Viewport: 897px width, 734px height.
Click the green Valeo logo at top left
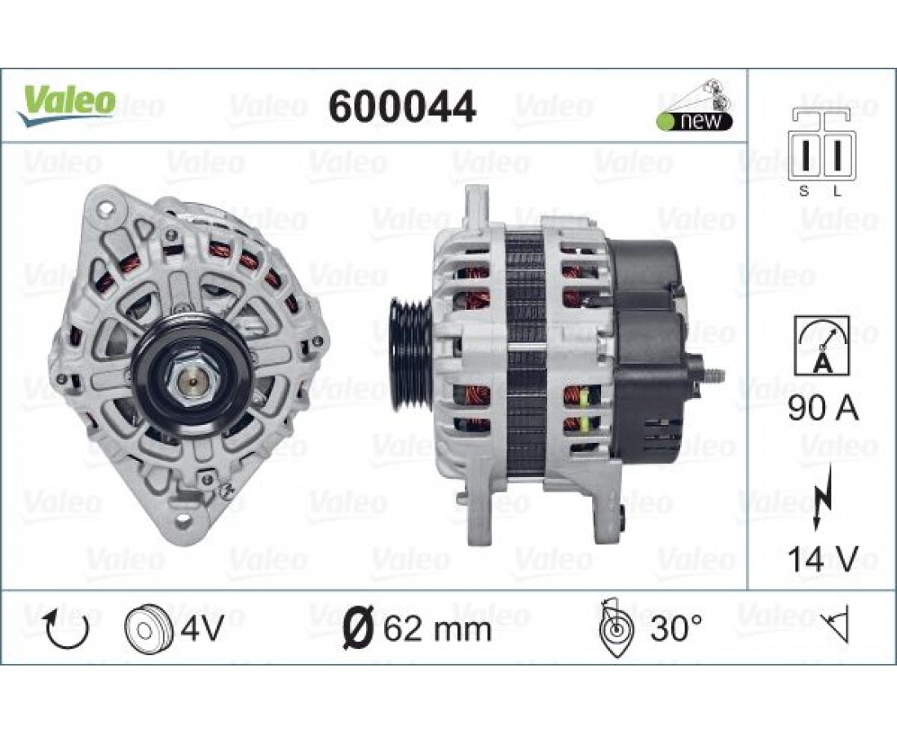click(66, 105)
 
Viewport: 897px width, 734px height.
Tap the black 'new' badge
click(695, 122)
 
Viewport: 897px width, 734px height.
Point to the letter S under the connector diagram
click(804, 192)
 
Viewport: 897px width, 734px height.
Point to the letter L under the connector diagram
click(837, 192)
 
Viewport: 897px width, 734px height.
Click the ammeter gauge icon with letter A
click(823, 346)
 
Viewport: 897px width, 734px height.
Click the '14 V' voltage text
click(824, 559)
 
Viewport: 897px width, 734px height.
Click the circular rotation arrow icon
click(67, 628)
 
